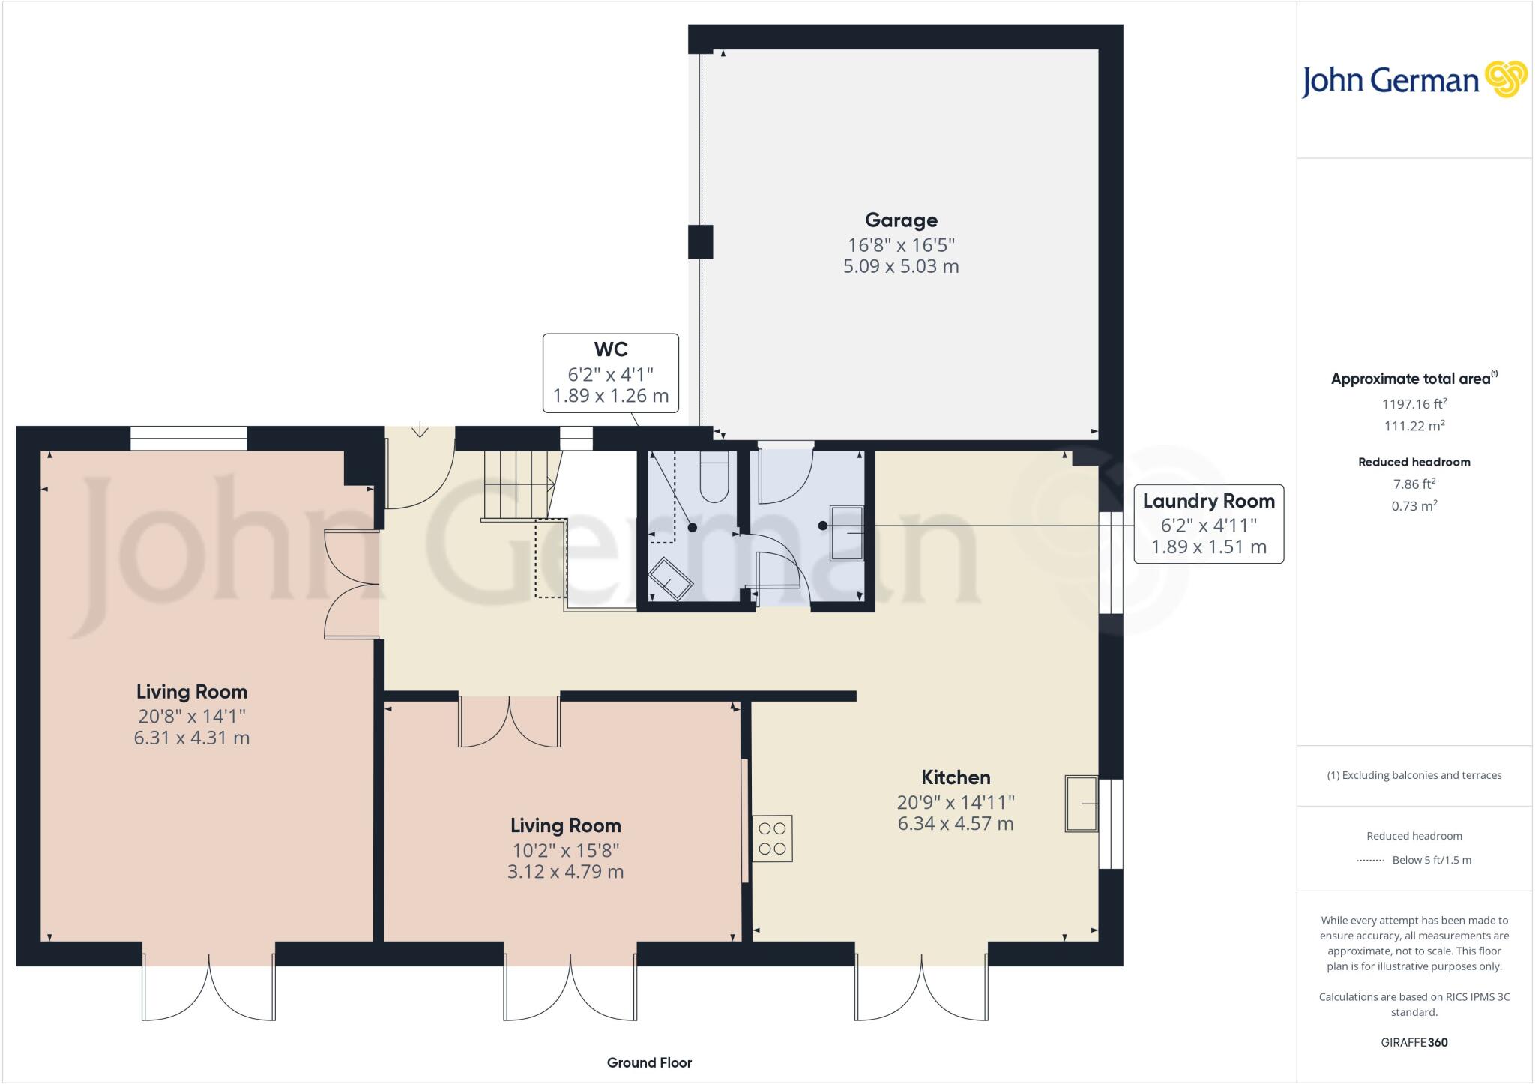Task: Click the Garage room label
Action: click(x=901, y=220)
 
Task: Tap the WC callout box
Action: click(x=610, y=373)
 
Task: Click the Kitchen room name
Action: click(x=955, y=777)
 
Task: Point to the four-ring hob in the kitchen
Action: click(x=772, y=838)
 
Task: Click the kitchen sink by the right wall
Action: click(x=1081, y=804)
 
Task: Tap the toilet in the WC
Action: click(x=714, y=478)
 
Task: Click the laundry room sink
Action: click(x=847, y=532)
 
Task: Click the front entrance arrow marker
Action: click(x=420, y=430)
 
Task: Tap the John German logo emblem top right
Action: click(x=1505, y=79)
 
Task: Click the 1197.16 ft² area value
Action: click(x=1414, y=404)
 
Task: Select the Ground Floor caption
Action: click(x=649, y=1062)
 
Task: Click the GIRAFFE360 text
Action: click(x=1414, y=1042)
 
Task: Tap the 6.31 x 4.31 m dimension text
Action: click(x=191, y=738)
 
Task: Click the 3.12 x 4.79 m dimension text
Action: click(x=565, y=872)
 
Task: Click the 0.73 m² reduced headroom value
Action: click(x=1414, y=506)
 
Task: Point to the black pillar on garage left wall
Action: click(x=700, y=242)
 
